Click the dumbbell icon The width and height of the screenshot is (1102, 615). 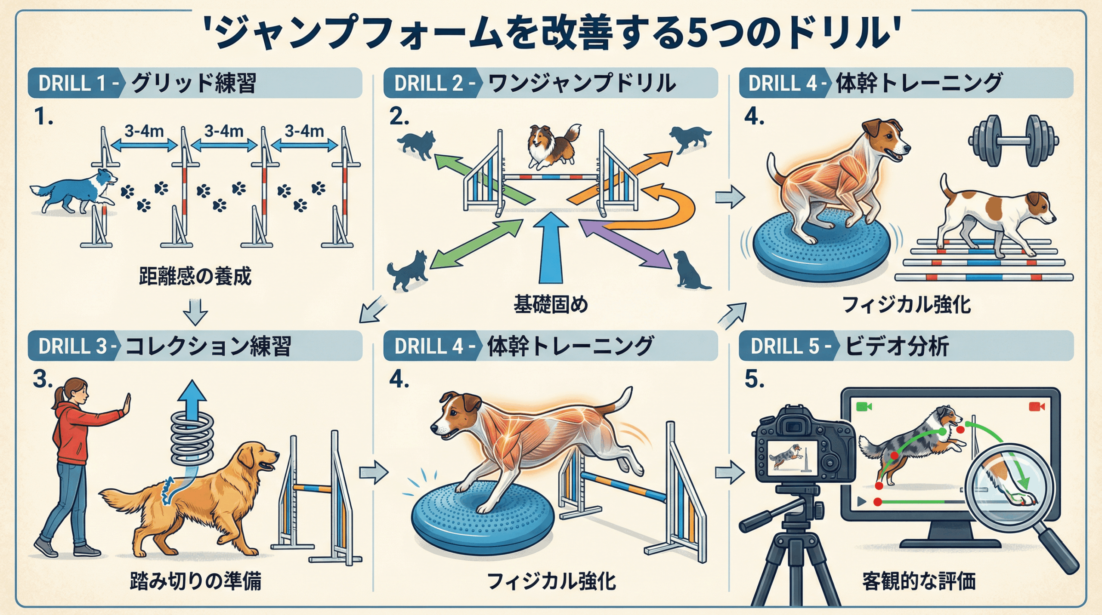pyautogui.click(x=1013, y=140)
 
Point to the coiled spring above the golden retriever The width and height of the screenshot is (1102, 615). pyautogui.click(x=192, y=439)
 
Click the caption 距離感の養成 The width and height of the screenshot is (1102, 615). pyautogui.click(x=195, y=276)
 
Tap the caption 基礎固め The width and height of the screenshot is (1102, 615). pyautogui.click(x=551, y=305)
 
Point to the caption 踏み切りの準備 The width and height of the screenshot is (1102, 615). pyautogui.click(x=195, y=581)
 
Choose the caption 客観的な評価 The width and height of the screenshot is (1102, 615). pyautogui.click(x=919, y=581)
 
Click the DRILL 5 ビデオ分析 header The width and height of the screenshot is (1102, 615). pyautogui.click(x=906, y=346)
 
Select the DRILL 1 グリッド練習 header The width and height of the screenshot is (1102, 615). pyautogui.click(x=195, y=83)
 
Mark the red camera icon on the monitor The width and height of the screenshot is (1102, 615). pyautogui.click(x=1037, y=406)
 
